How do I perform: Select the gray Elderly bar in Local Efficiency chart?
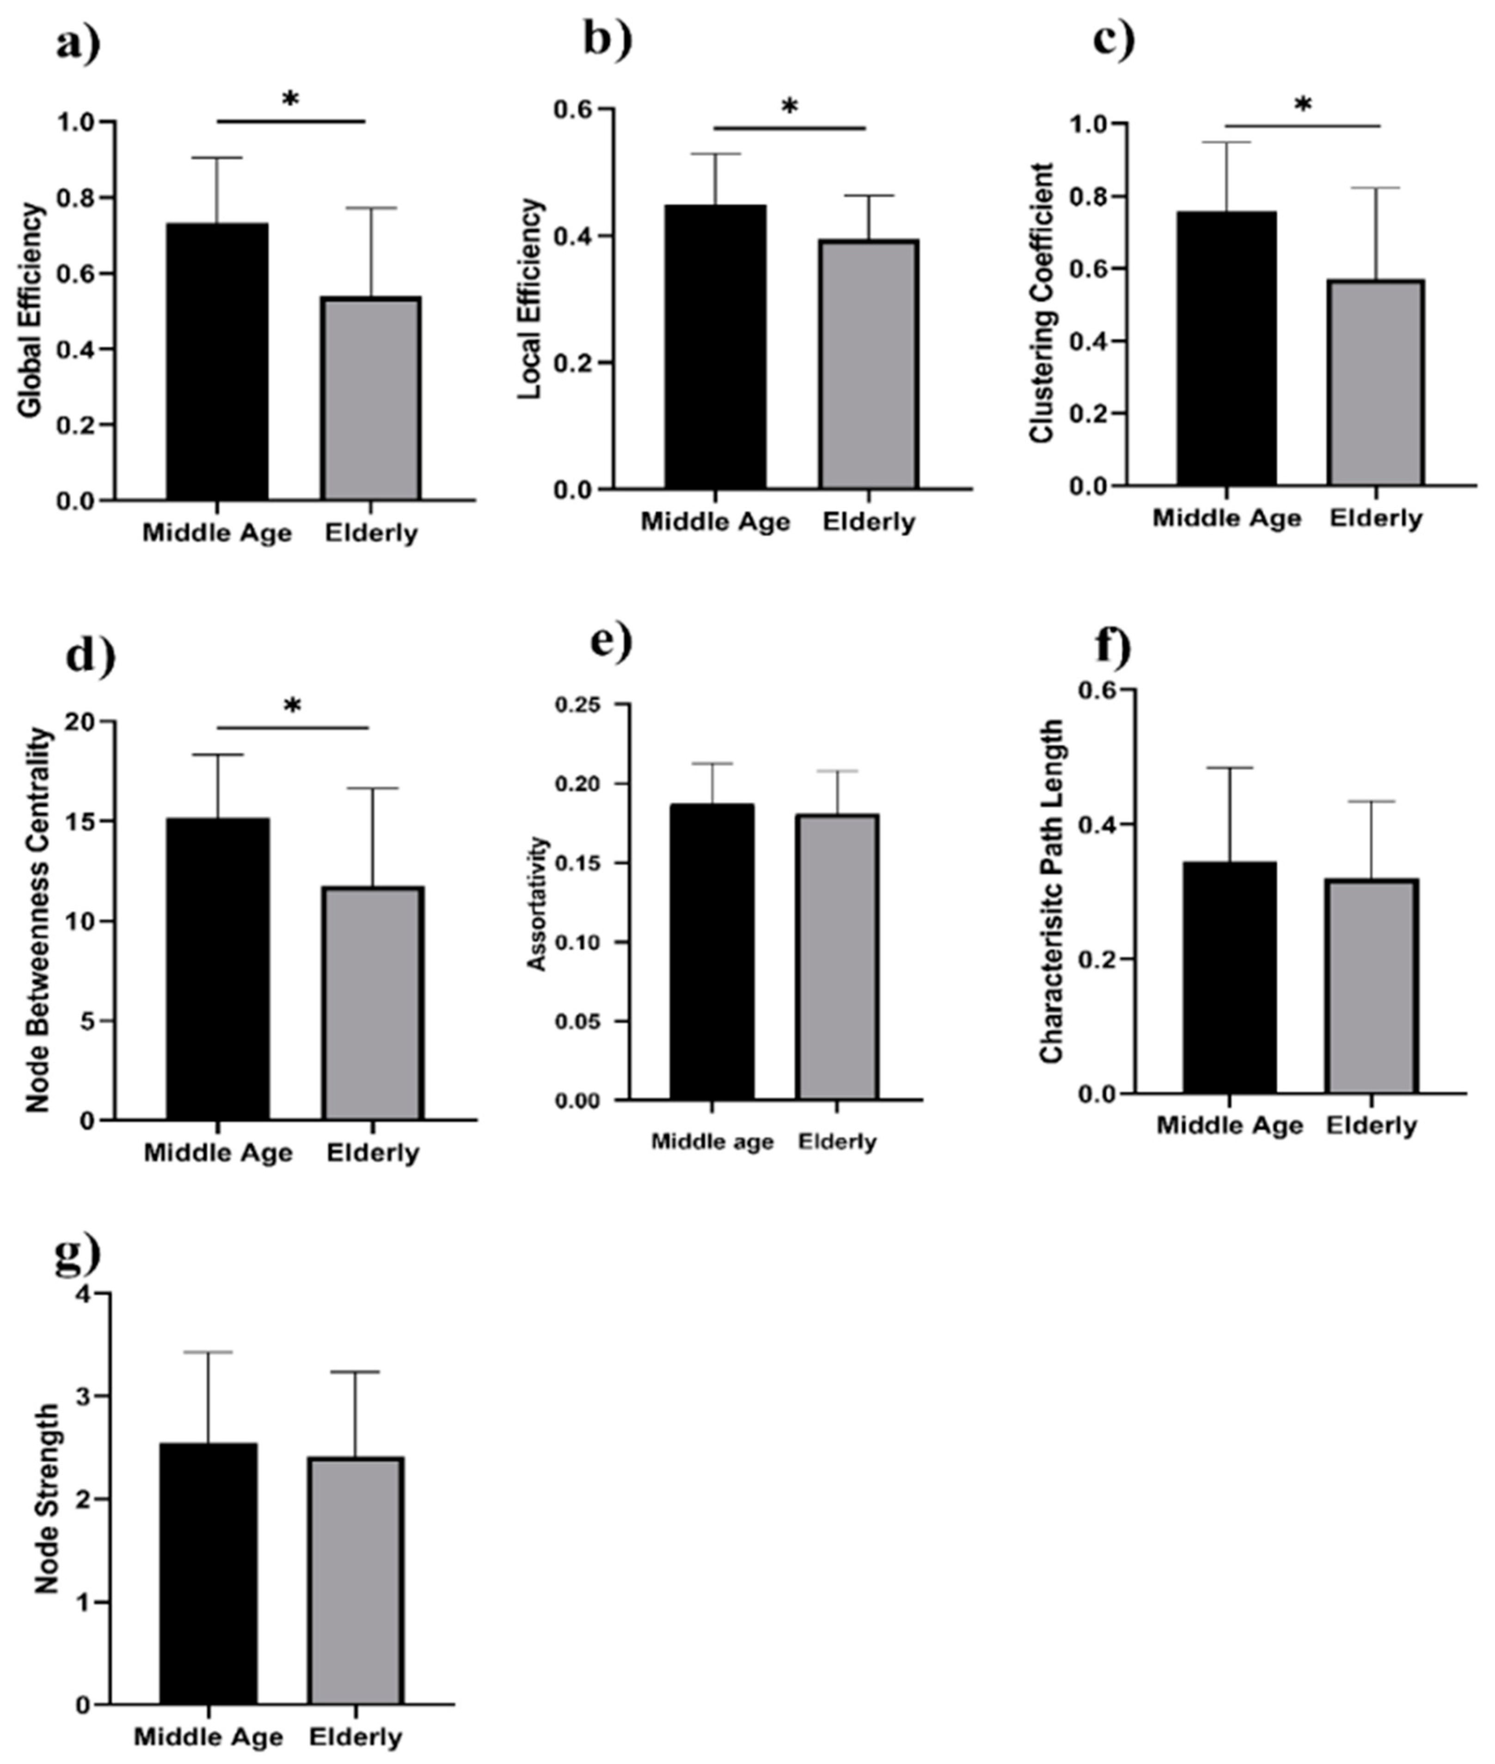click(x=869, y=364)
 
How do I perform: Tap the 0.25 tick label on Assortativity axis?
click(x=578, y=704)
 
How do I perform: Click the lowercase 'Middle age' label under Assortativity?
click(x=712, y=1142)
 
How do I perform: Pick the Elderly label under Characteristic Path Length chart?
click(x=1371, y=1125)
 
